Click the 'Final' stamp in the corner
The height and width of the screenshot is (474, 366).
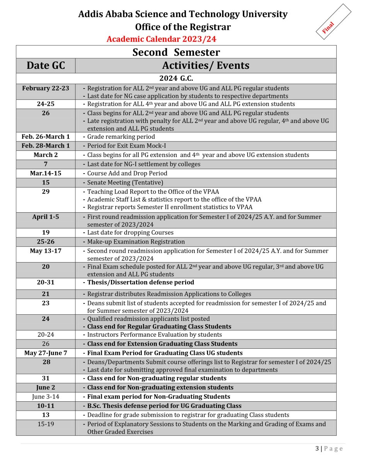tap(329, 27)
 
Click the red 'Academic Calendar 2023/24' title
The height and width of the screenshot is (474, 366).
tap(161, 39)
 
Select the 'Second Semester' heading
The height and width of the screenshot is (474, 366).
tap(176, 52)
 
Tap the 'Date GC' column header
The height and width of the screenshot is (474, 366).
tap(46, 65)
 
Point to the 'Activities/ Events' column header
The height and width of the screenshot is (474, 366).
tap(206, 65)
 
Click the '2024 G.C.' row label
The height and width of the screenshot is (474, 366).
tap(176, 78)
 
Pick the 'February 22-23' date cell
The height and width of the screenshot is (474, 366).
tap(46, 88)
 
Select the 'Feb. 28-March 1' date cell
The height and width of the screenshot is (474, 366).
tap(46, 146)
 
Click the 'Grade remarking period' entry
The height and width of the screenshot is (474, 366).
tap(121, 136)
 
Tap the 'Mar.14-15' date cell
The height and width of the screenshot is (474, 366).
tap(46, 173)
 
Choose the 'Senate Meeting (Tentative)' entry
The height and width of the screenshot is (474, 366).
tap(125, 182)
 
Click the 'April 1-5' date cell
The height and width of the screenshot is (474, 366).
tap(46, 217)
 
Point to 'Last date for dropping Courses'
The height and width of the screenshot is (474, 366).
tap(130, 232)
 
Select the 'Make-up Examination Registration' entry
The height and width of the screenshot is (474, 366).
tap(136, 242)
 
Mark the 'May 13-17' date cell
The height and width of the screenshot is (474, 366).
tap(46, 251)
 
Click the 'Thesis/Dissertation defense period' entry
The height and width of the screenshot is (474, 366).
tap(141, 282)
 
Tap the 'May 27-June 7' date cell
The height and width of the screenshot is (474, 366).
tap(46, 353)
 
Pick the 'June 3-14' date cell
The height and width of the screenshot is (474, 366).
tap(46, 396)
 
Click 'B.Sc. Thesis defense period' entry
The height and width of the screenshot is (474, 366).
tap(164, 406)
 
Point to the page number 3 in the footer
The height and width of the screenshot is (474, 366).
tap(317, 448)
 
